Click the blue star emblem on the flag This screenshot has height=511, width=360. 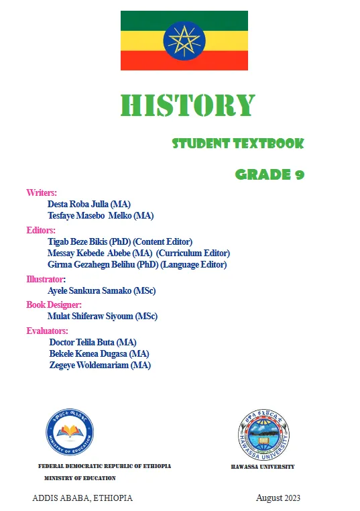pyautogui.click(x=184, y=41)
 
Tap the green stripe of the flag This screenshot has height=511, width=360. pyautogui.click(x=141, y=20)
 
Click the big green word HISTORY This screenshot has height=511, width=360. pyautogui.click(x=188, y=105)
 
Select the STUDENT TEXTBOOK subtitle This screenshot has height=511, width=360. pyautogui.click(x=238, y=144)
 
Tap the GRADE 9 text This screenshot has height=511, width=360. pyautogui.click(x=269, y=175)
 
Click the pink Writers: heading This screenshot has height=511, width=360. pyautogui.click(x=42, y=192)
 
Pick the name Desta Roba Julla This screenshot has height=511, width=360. pyautogui.click(x=79, y=204)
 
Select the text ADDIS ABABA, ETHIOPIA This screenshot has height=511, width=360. pyautogui.click(x=82, y=498)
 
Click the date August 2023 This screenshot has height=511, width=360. pyautogui.click(x=278, y=498)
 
